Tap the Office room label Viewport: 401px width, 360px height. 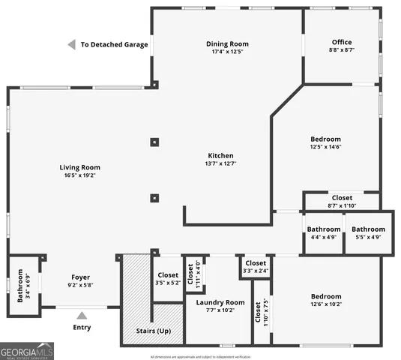tap(342, 46)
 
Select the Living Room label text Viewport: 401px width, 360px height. tap(80, 171)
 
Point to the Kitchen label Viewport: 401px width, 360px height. tap(220, 159)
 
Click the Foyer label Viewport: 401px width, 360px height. tap(80, 281)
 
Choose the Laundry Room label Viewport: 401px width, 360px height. tap(215, 307)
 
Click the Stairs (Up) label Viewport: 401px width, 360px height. tap(152, 331)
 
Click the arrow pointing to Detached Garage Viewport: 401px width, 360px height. tap(71, 45)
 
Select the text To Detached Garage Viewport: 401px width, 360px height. tap(114, 45)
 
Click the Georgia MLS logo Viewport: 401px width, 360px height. tap(27, 350)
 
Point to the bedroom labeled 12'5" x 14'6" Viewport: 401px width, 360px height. tap(326, 143)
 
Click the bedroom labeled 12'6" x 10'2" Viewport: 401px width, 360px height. tap(326, 300)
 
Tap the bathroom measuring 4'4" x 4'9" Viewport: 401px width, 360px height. tap(323, 233)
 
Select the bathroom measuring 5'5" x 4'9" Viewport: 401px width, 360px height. tap(369, 233)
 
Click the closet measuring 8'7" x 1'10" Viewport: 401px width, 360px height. tap(342, 201)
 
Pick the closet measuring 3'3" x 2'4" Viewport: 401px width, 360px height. tap(256, 267)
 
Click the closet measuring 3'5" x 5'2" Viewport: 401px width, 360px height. tap(168, 279)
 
